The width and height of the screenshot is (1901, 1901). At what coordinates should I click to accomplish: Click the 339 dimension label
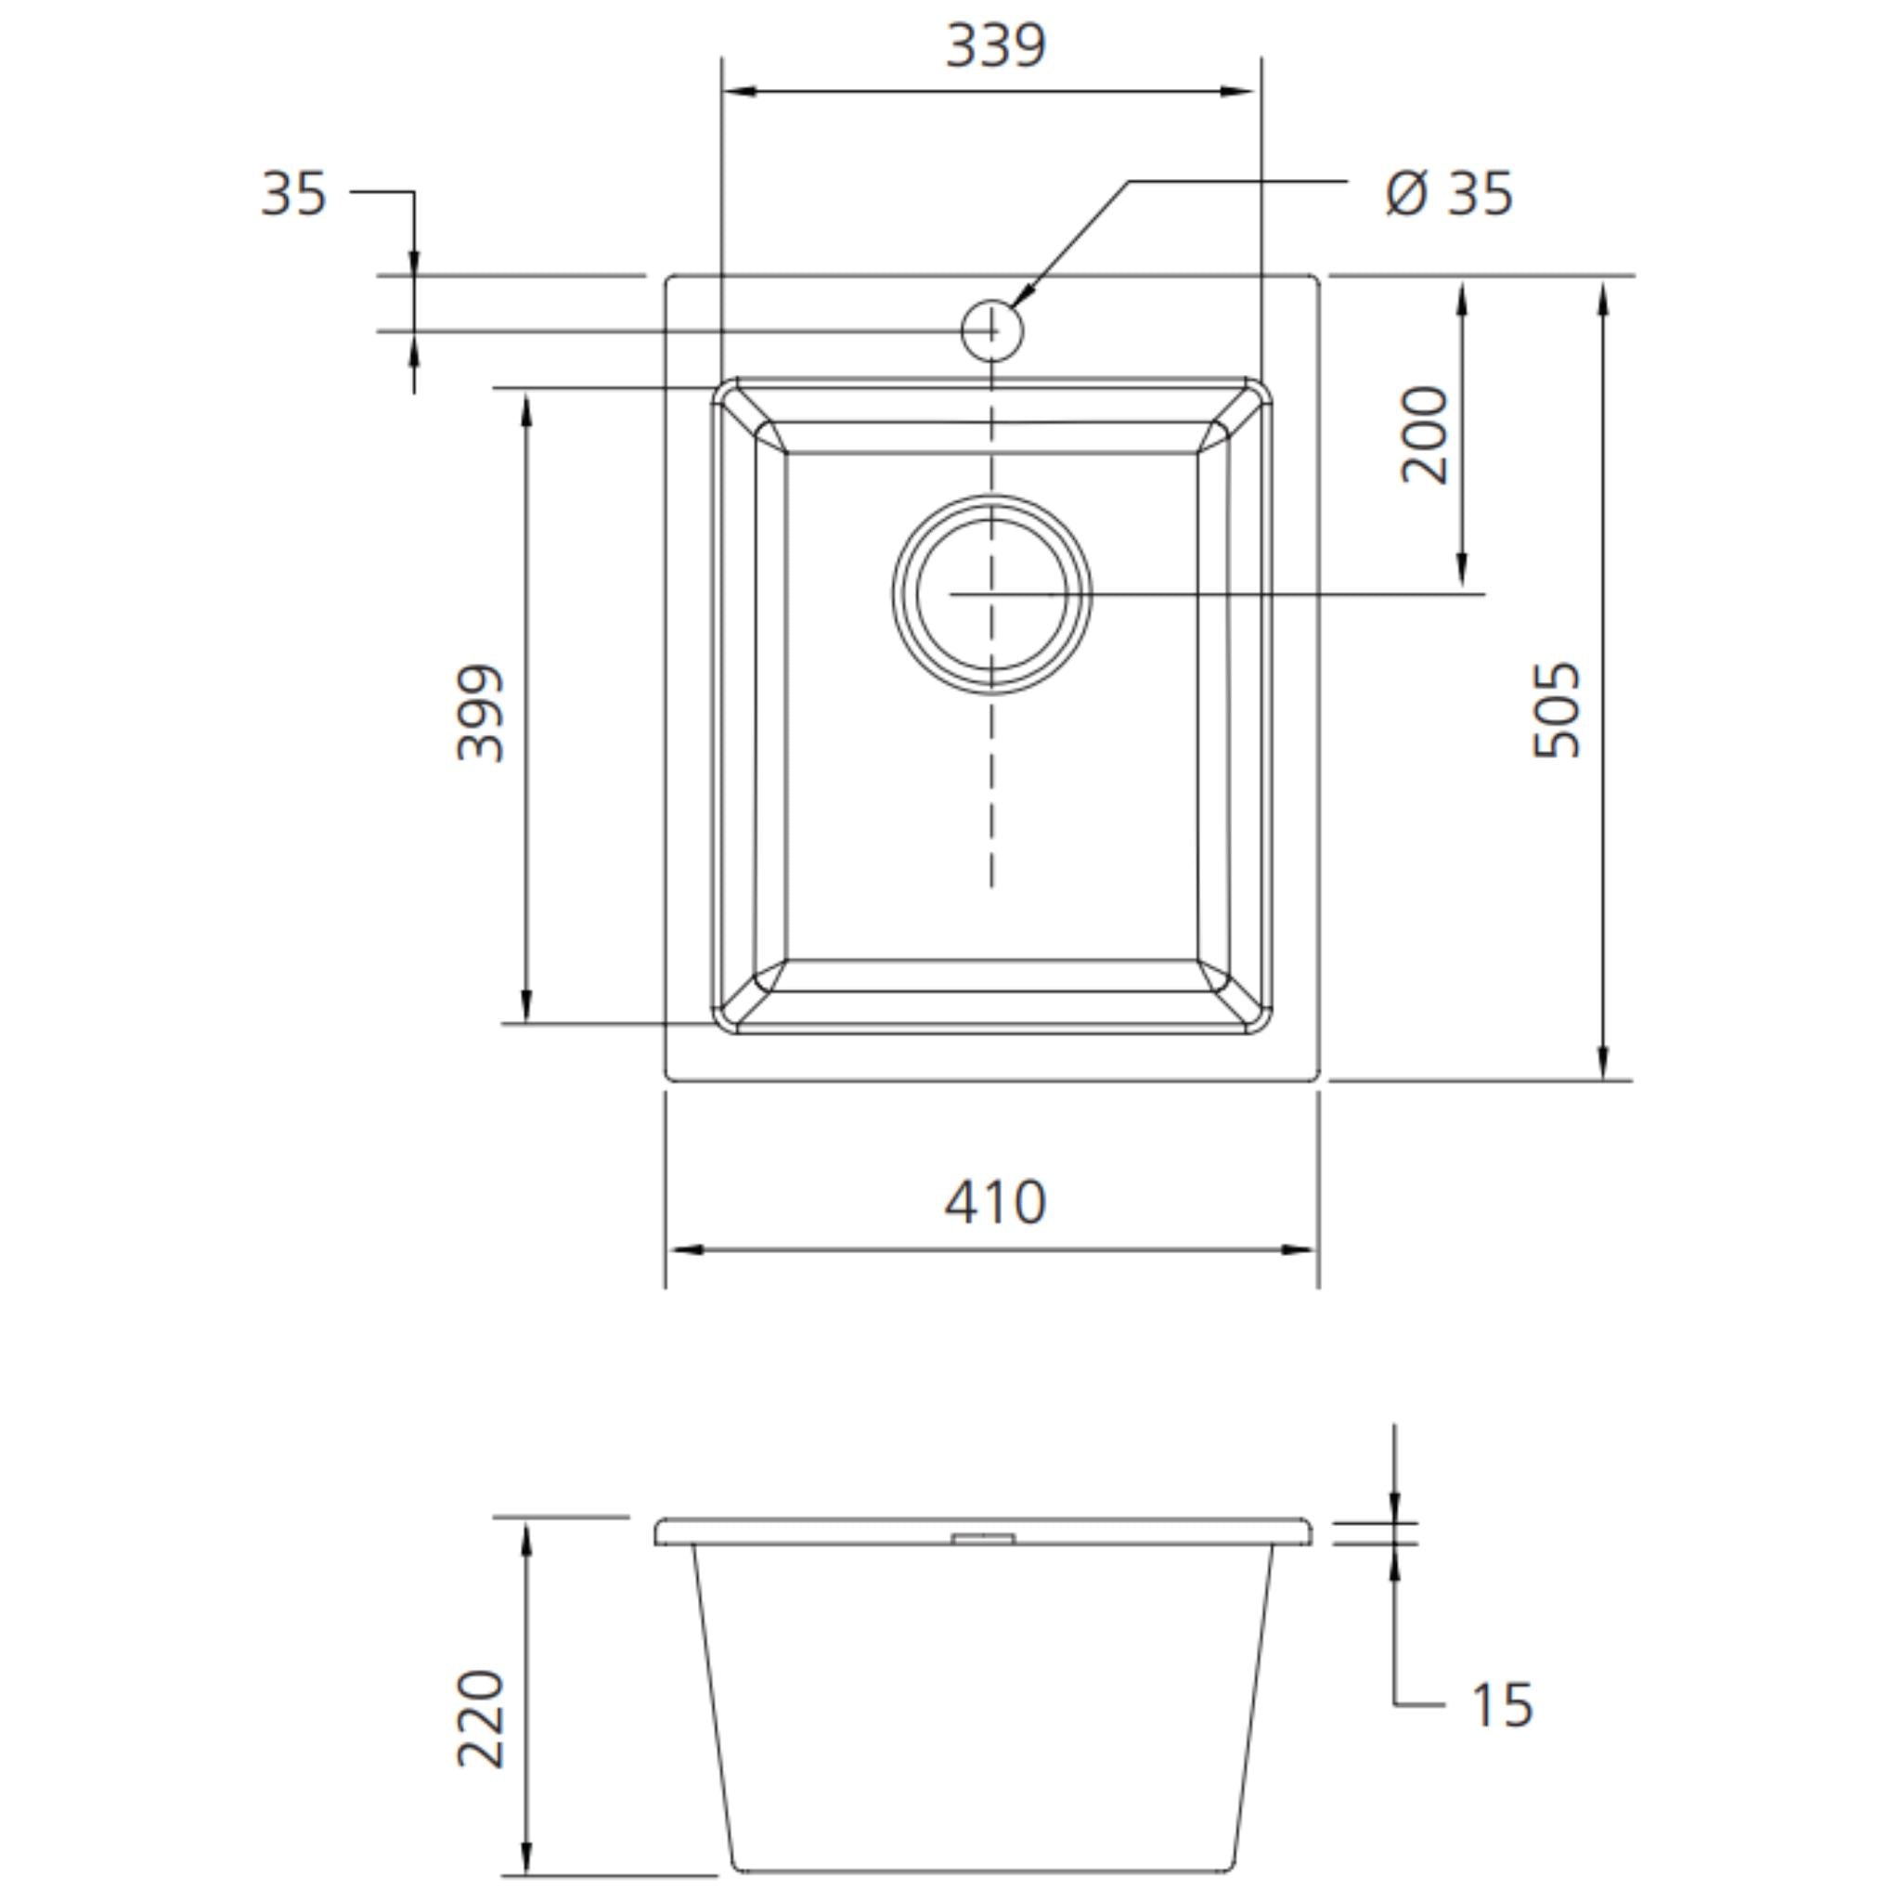(995, 45)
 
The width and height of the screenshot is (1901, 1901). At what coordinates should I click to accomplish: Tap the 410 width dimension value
(995, 1201)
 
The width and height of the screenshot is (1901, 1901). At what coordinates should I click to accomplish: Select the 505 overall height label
(1558, 709)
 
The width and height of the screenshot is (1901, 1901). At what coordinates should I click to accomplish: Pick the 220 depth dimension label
(481, 1718)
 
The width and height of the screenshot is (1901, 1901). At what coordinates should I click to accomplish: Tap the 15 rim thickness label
(1503, 1705)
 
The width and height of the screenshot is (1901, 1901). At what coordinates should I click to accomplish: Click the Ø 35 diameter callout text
(1448, 193)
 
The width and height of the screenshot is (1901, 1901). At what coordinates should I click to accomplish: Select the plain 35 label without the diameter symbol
(293, 194)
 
